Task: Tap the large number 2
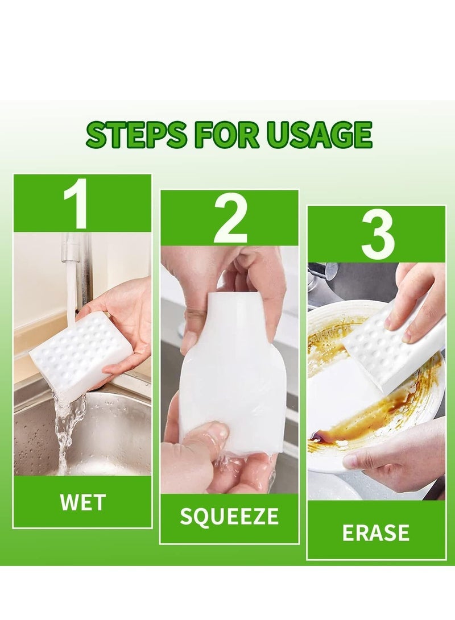point(230,219)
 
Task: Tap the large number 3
point(377,234)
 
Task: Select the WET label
point(82,502)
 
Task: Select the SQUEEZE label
point(229,517)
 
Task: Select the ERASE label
point(376,532)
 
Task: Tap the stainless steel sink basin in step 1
point(114,432)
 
